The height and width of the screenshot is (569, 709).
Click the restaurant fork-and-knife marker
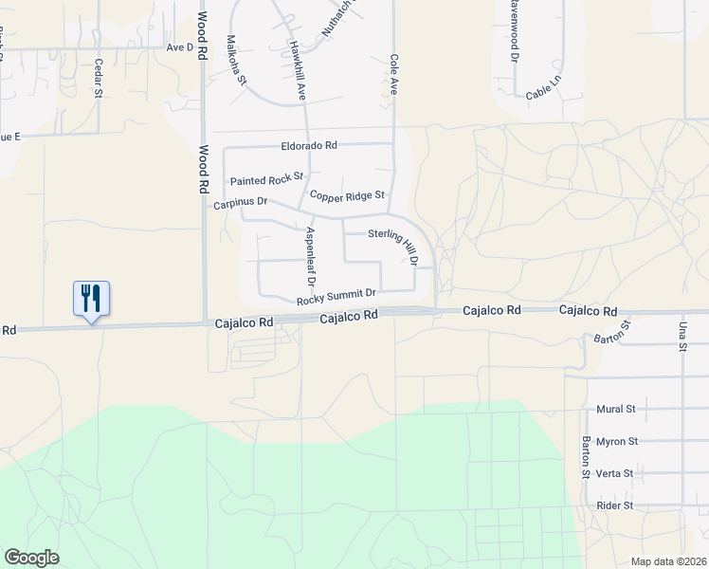pos(91,299)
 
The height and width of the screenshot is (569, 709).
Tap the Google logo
pos(31,558)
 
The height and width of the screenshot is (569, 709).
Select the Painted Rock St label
pos(266,178)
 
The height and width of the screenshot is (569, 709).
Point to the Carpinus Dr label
pos(241,203)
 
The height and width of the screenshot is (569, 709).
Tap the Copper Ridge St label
pos(347,195)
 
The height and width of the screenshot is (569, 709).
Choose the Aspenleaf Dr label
pos(310,256)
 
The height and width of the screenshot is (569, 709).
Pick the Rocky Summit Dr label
pos(336,298)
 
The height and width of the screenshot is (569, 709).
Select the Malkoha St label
pos(236,60)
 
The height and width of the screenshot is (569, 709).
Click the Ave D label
pos(179,46)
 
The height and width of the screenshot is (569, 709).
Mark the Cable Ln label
pos(543,94)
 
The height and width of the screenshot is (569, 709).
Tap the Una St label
pos(682,336)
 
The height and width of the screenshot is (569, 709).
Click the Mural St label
pos(615,409)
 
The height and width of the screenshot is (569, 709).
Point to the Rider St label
pos(614,505)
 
